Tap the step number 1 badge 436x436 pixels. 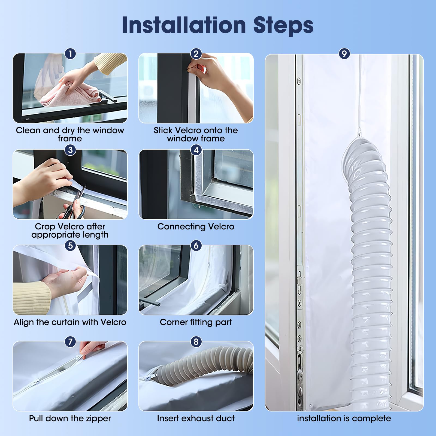point(70,54)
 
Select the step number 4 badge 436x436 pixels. point(196,150)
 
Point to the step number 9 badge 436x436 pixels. point(344,54)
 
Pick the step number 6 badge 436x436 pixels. point(196,246)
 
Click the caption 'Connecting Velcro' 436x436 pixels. point(196,226)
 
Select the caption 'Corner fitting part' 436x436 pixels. point(196,322)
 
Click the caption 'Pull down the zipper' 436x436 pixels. point(70,418)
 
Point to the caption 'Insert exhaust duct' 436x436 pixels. point(196,418)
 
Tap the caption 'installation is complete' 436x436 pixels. point(344,419)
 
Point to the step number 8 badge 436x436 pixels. point(196,341)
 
